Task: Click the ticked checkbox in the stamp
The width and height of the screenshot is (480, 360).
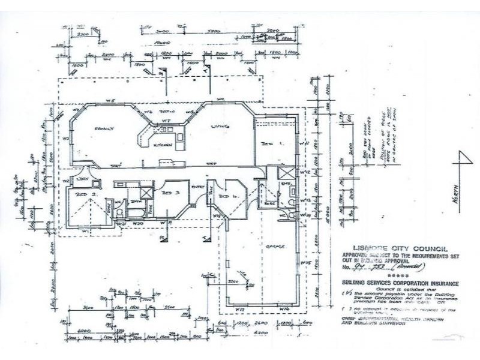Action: (343, 293)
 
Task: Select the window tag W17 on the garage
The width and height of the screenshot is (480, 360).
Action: (239, 308)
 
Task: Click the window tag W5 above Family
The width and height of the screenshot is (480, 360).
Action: (111, 100)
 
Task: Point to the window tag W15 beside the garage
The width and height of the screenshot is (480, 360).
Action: (305, 262)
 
